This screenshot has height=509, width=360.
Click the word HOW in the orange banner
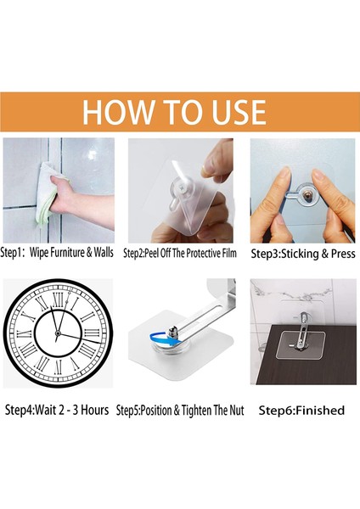pos(115,112)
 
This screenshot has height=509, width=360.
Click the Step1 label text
pos(12,253)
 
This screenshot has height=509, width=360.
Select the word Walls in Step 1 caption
pos(104,252)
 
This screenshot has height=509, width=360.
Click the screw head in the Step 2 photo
pos(182,188)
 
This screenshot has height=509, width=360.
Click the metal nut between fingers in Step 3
pos(306,195)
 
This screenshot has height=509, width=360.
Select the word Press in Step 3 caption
pos(343,254)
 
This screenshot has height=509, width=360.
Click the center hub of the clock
pos(58,333)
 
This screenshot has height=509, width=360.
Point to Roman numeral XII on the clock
pos(58,300)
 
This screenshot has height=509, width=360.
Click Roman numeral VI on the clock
pos(58,366)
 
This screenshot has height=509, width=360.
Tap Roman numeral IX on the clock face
pos(25,333)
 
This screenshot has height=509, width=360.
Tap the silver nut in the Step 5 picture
pos(173,333)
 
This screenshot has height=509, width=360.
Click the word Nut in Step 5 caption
pos(237,411)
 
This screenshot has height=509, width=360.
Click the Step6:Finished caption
pos(301,411)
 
